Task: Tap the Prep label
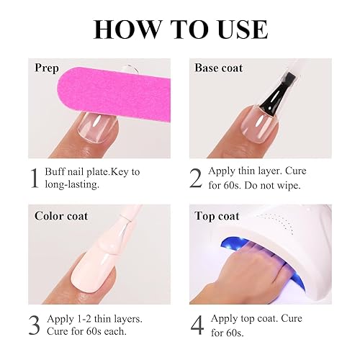click(x=47, y=68)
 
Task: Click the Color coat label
click(x=60, y=215)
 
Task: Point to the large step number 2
click(x=196, y=178)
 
